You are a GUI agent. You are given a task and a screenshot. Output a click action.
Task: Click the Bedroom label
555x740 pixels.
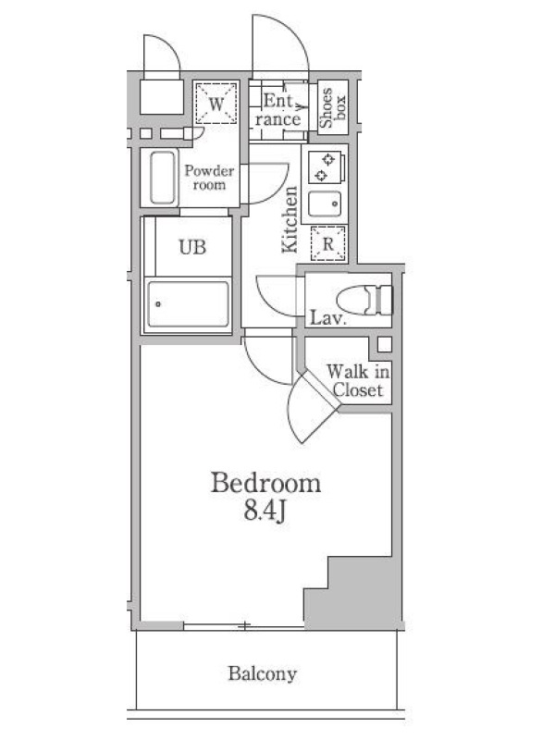(265, 482)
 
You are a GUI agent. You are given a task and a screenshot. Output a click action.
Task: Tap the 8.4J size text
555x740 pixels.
(265, 512)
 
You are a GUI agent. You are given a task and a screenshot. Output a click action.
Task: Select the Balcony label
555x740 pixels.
(263, 673)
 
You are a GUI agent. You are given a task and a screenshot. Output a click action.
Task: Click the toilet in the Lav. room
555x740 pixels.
(364, 300)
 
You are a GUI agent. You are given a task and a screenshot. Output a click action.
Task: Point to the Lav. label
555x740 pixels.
(327, 318)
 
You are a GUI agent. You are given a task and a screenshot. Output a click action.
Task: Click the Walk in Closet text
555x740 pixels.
(358, 381)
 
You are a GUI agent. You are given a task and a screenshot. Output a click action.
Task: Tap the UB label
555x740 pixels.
(192, 246)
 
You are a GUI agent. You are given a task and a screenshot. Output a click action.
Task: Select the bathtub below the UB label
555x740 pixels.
(188, 304)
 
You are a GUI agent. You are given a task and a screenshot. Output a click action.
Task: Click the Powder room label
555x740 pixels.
(209, 178)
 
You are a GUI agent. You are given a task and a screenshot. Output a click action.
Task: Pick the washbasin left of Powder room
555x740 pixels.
(163, 178)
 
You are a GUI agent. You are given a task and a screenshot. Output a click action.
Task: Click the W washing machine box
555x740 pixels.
(216, 104)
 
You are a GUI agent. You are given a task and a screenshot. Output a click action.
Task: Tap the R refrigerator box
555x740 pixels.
(328, 243)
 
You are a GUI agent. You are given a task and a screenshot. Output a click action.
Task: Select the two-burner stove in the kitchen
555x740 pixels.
(325, 167)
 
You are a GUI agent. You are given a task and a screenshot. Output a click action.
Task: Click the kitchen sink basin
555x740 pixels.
(325, 203)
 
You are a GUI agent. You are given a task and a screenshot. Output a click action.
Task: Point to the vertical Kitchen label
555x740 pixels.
(290, 219)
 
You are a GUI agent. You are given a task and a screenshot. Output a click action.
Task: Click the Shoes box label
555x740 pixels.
(333, 107)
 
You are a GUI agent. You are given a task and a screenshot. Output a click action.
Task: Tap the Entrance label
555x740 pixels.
(278, 109)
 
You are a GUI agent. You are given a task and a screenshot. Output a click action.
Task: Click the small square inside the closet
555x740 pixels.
(385, 344)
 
